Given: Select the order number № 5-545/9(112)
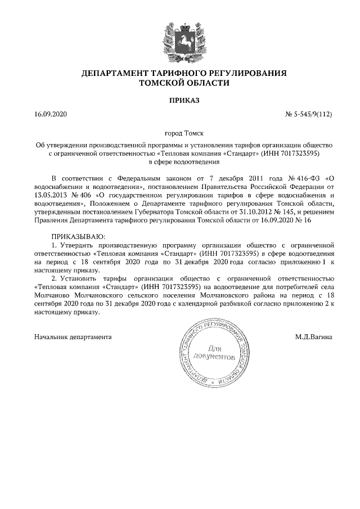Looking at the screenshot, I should coord(309,115).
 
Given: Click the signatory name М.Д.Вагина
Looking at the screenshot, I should coord(313,336).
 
